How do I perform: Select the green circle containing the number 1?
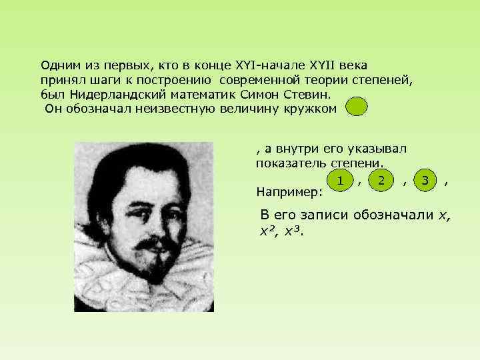(341, 180)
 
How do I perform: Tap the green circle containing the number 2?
(381, 180)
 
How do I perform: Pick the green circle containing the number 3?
(425, 180)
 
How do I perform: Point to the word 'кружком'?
(314, 109)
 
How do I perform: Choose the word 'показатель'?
(287, 163)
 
